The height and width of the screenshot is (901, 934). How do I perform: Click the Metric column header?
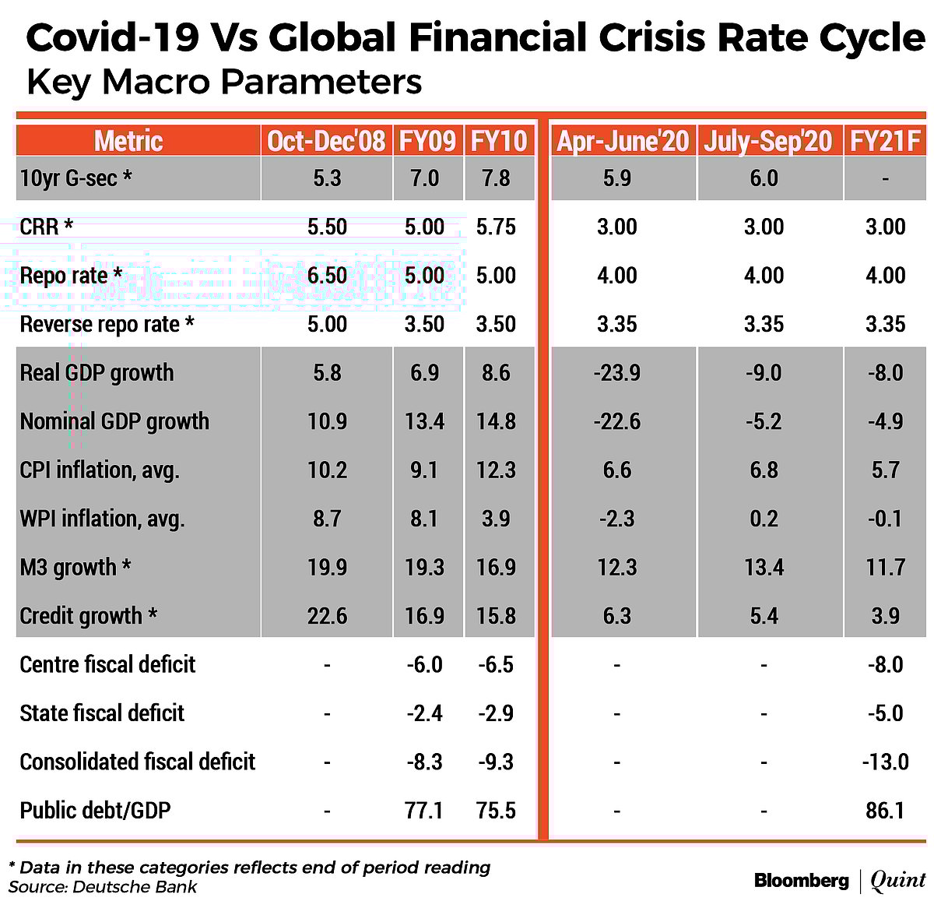(x=128, y=141)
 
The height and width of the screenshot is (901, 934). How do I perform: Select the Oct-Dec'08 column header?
(x=326, y=141)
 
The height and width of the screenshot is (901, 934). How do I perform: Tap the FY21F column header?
(x=885, y=141)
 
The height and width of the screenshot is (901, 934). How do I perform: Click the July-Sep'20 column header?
(x=767, y=141)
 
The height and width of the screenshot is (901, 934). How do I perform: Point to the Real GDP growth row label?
(x=97, y=372)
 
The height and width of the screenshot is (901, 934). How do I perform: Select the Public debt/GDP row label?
(x=95, y=810)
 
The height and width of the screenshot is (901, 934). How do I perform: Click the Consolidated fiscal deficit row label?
(x=137, y=762)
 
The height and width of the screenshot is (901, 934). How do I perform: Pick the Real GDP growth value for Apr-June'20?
(x=616, y=372)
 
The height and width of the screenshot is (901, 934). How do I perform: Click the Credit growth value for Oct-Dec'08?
(x=327, y=616)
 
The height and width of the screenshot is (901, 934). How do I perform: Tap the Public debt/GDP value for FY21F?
(x=885, y=810)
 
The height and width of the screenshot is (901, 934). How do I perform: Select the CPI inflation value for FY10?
(x=496, y=470)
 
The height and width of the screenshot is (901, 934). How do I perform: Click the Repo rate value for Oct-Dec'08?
(x=327, y=275)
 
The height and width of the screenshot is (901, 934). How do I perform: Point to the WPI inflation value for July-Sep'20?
(x=764, y=519)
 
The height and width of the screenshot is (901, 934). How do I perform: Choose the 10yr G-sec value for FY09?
(x=424, y=178)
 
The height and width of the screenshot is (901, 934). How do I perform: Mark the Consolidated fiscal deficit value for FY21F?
(x=885, y=762)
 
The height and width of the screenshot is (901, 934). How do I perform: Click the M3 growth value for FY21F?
(x=885, y=567)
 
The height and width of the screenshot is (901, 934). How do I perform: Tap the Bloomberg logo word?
(x=801, y=881)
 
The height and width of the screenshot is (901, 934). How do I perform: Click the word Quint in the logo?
(x=897, y=881)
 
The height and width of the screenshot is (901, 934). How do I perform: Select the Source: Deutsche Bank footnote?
(x=103, y=887)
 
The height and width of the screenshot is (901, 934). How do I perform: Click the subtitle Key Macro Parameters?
(x=224, y=82)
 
